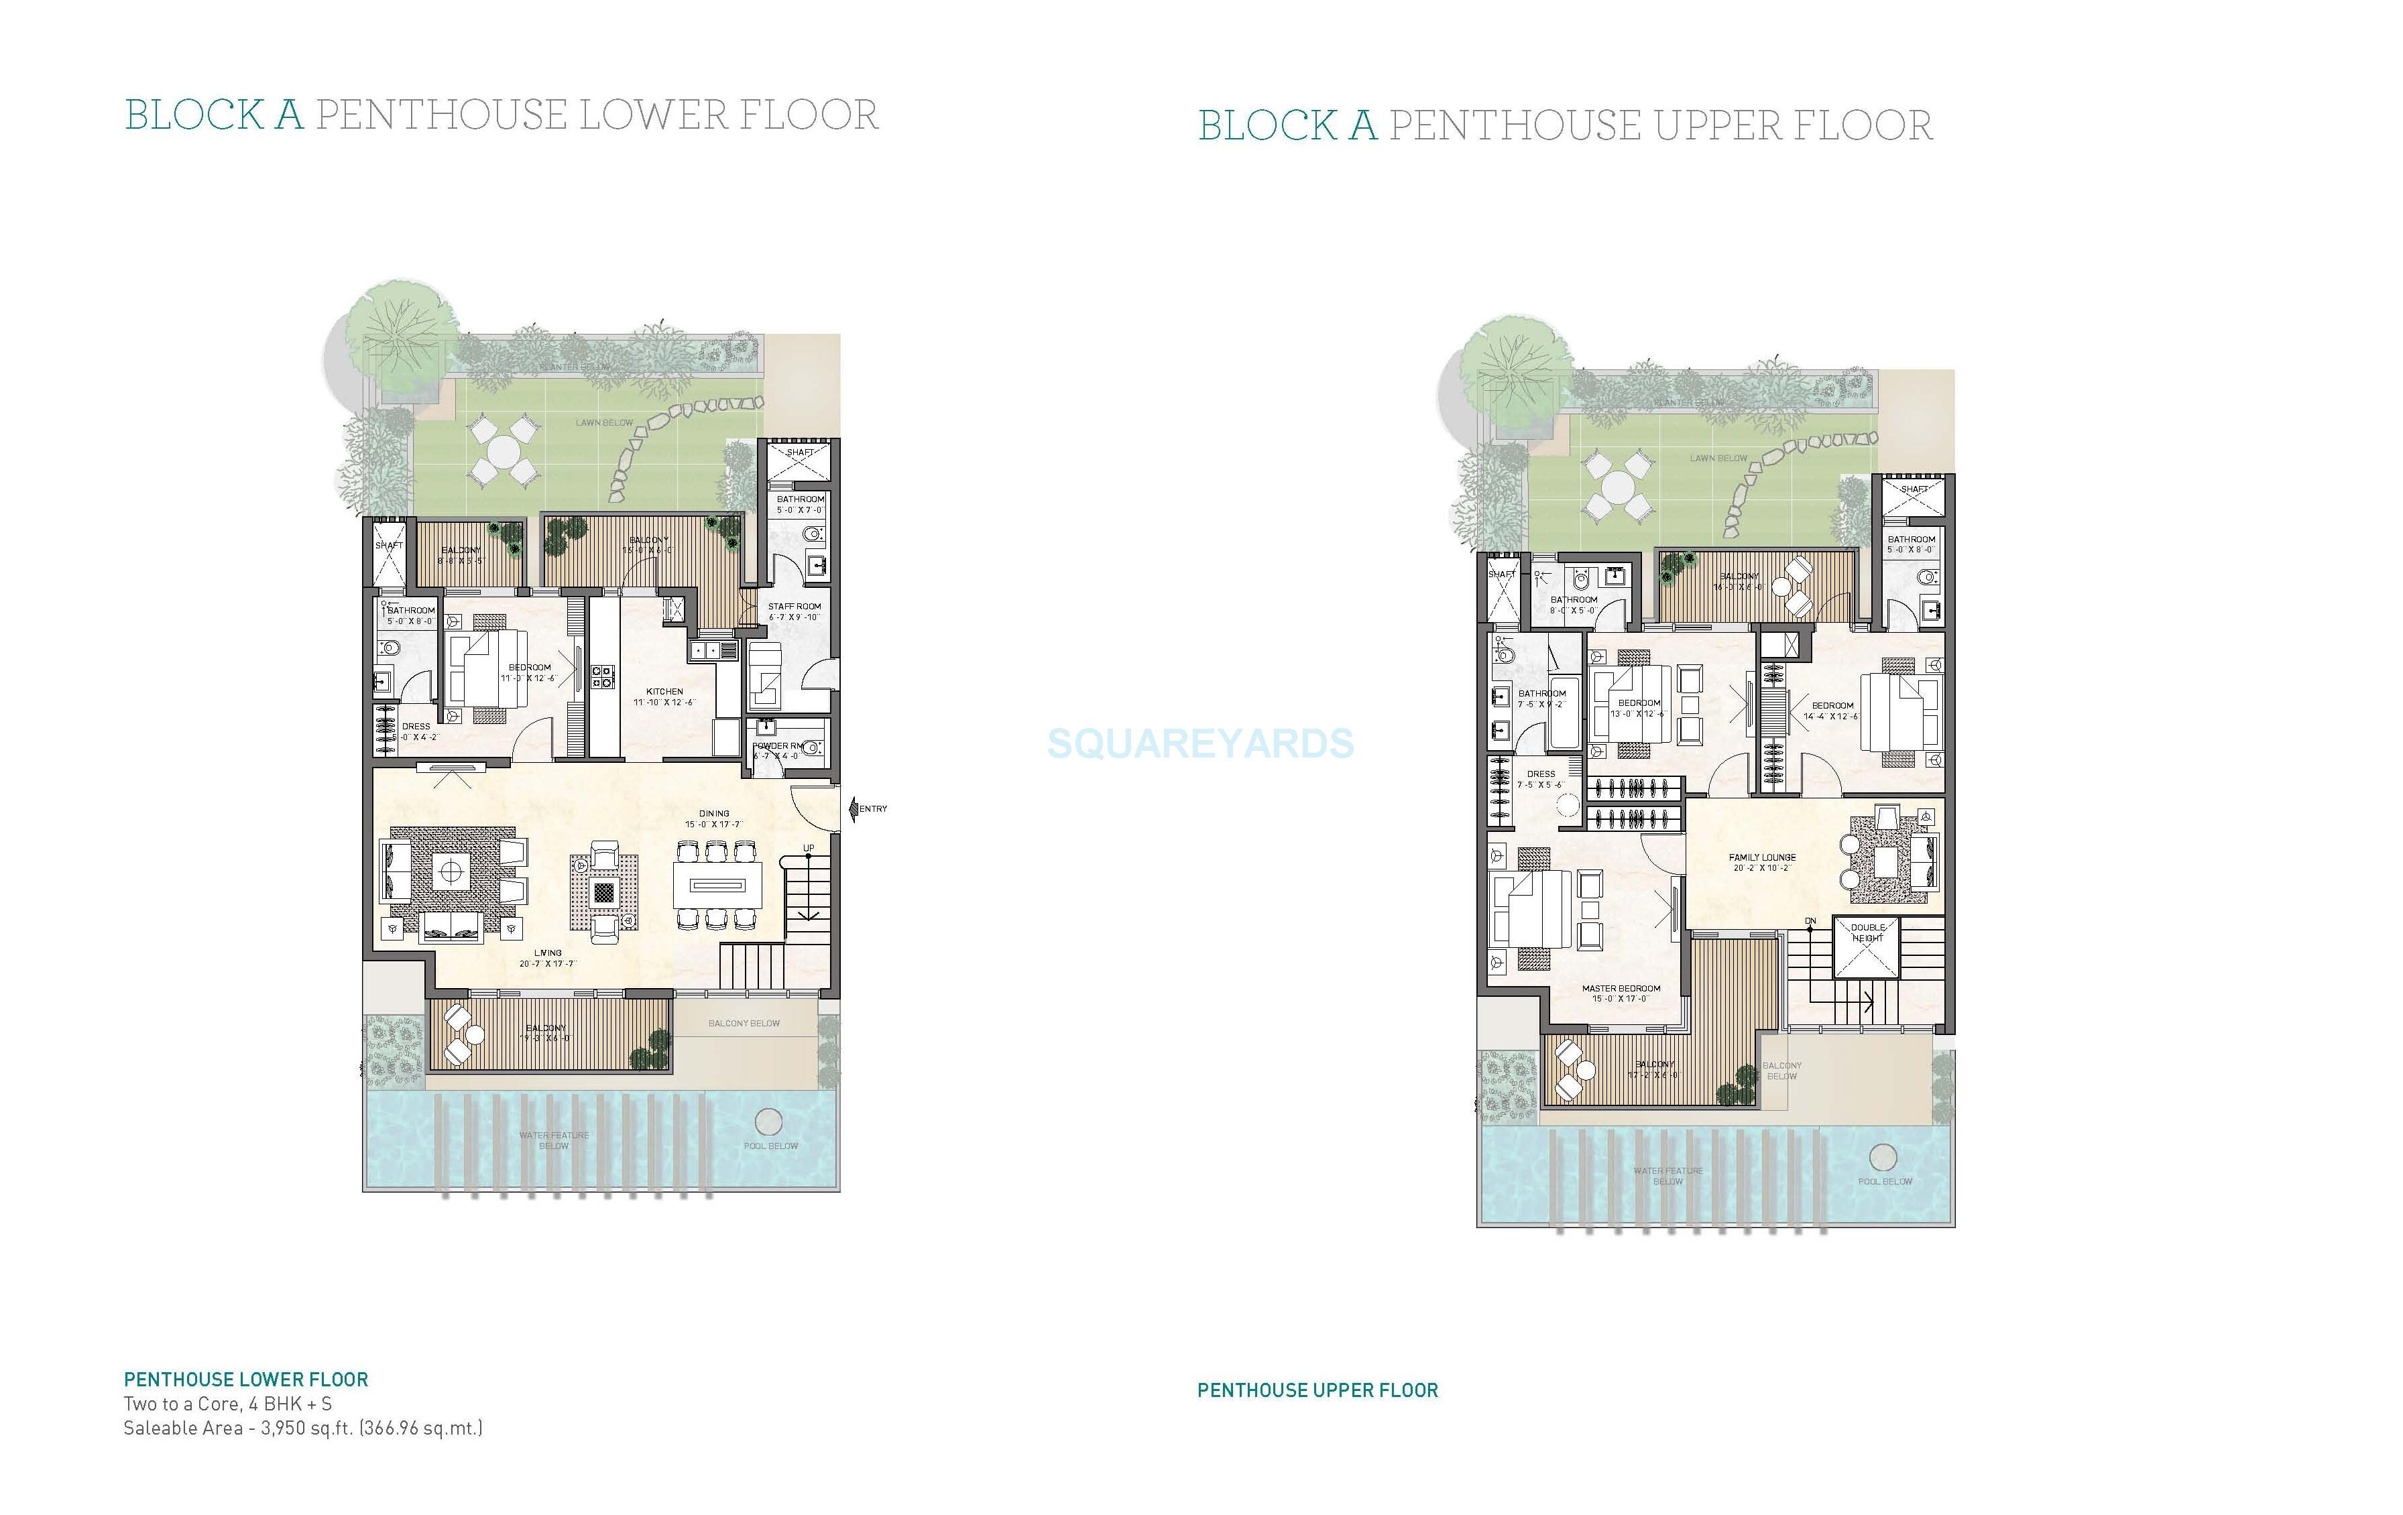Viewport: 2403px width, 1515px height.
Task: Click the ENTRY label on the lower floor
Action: coord(872,808)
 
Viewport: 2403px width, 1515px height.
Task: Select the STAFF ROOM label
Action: coord(795,606)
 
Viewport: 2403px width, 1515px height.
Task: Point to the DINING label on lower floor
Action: coord(713,813)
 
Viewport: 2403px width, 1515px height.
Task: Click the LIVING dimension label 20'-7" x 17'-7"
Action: coord(547,964)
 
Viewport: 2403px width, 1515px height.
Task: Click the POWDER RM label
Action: coord(778,745)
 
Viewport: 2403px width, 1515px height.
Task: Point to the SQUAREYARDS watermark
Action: coord(1201,743)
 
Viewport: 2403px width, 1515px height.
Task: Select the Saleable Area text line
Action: coord(302,1428)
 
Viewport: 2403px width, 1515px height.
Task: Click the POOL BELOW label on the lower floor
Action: coord(770,1146)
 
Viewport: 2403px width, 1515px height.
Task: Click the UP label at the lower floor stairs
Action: coord(809,848)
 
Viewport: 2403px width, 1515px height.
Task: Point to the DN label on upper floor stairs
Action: coord(1810,921)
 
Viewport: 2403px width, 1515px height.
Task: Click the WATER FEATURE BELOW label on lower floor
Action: coord(554,1140)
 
